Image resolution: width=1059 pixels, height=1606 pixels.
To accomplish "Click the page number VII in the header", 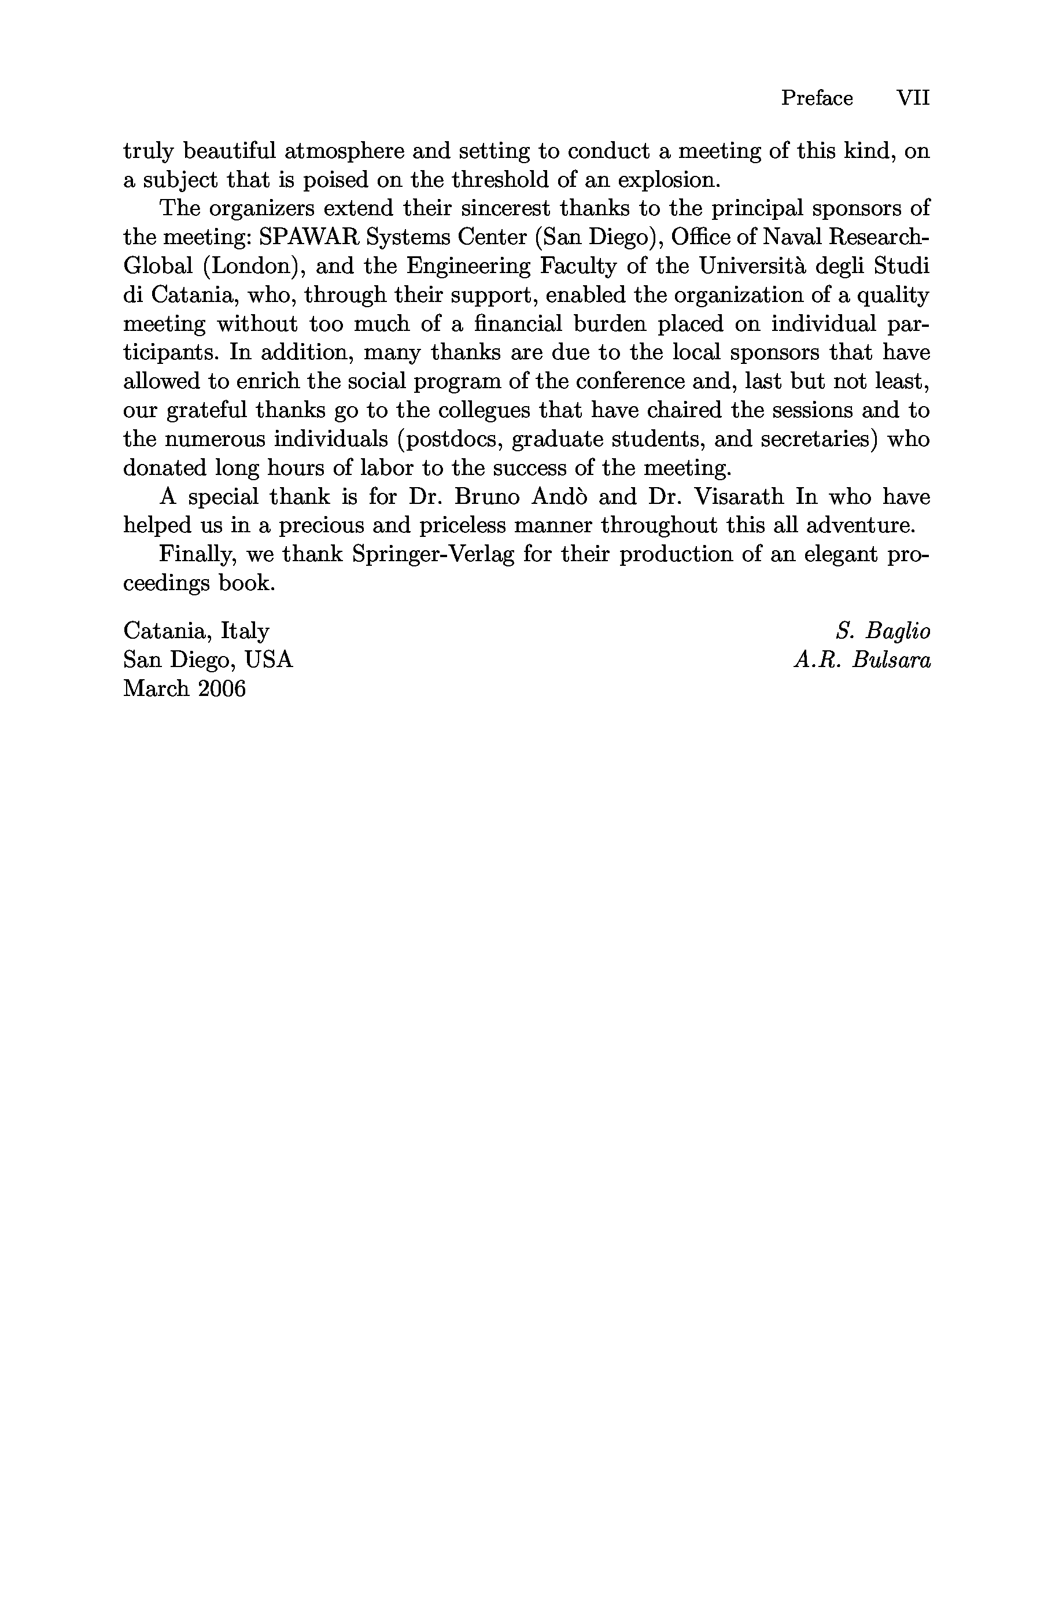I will [913, 98].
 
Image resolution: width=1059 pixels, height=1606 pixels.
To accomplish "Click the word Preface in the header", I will [817, 98].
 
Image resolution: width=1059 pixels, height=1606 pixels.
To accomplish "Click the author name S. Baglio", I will [883, 631].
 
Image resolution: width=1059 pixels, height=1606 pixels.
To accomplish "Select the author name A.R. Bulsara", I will [862, 661].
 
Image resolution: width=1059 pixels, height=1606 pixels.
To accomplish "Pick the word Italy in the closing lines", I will [245, 631].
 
